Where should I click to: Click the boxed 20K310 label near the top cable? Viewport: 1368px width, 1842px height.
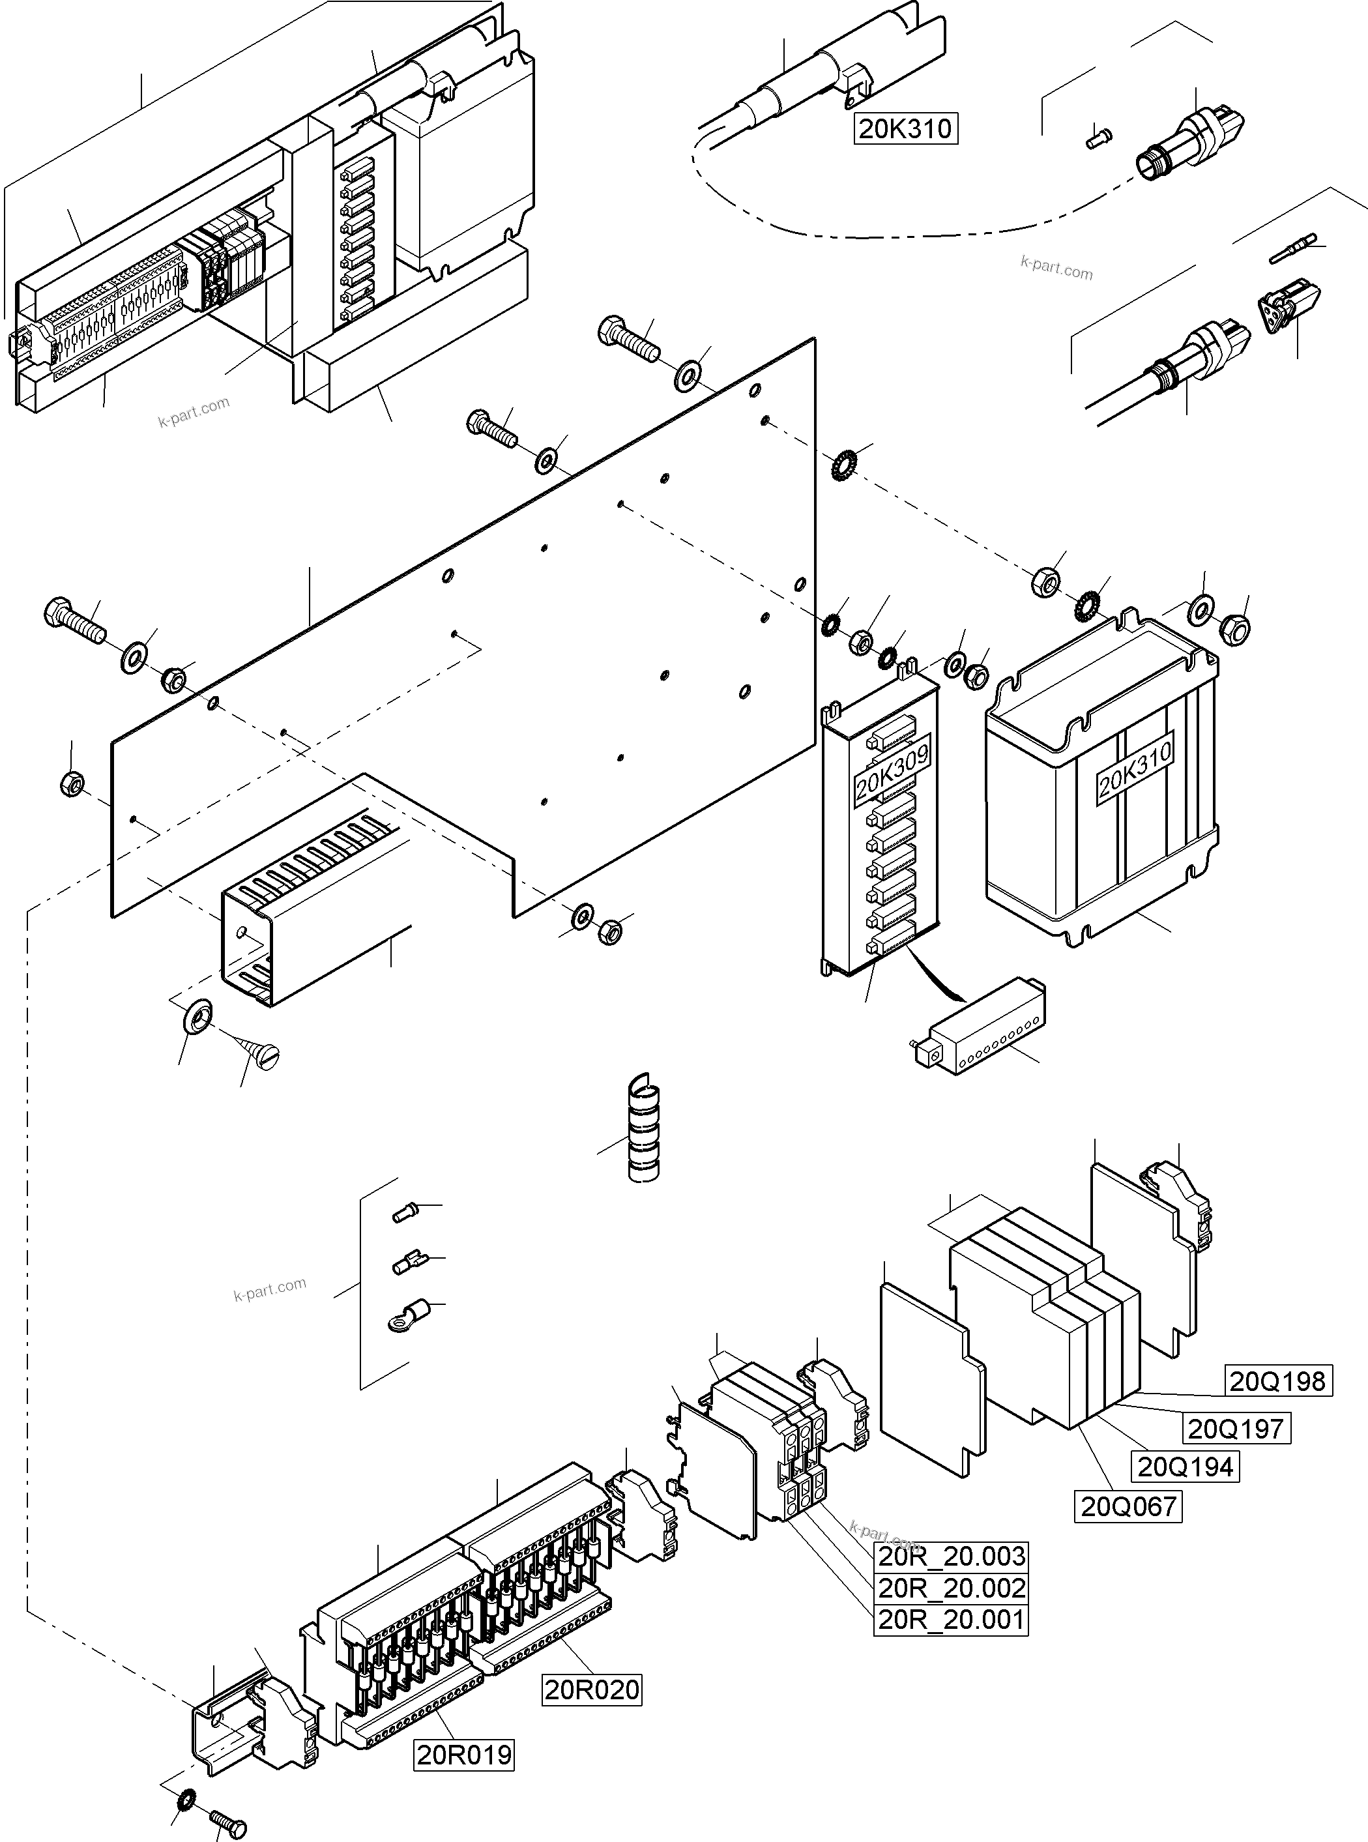(906, 129)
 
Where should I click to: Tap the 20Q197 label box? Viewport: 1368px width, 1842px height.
(1236, 1428)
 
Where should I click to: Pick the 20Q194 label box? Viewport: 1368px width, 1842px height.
(1186, 1467)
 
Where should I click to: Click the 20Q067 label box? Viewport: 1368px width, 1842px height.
(1129, 1506)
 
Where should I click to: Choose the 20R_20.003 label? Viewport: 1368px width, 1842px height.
(951, 1557)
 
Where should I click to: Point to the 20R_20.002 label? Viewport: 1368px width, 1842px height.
(951, 1588)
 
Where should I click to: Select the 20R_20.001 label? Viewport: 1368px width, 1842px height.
(951, 1619)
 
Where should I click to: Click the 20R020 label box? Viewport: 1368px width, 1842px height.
(592, 1689)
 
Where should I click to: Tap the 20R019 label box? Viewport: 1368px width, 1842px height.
(464, 1754)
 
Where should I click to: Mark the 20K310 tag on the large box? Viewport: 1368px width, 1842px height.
(1135, 768)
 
